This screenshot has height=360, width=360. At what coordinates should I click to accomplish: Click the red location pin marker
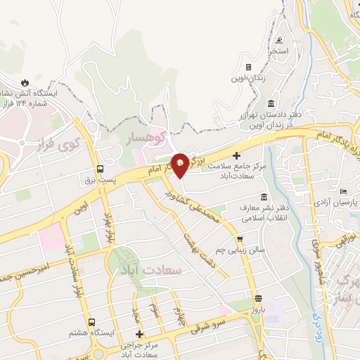click(x=180, y=164)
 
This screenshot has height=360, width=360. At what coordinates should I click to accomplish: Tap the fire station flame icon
click(x=26, y=82)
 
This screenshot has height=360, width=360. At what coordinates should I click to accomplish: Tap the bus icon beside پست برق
click(x=100, y=169)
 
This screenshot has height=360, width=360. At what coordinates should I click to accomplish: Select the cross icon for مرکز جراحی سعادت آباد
click(x=139, y=334)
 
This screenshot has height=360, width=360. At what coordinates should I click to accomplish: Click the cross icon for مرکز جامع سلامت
click(x=236, y=155)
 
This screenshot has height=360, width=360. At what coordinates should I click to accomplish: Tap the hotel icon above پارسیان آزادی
click(x=343, y=192)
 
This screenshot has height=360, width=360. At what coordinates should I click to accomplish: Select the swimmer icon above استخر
click(x=280, y=40)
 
